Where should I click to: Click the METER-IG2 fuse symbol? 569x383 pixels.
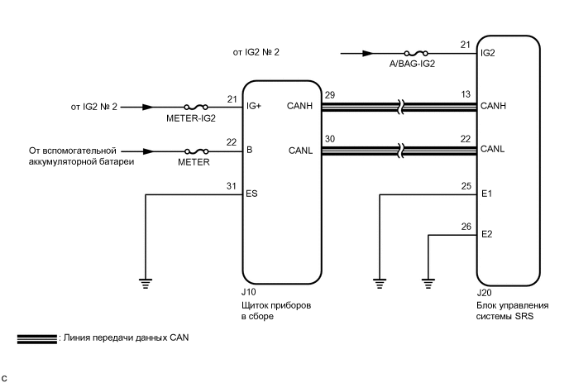tap(196, 107)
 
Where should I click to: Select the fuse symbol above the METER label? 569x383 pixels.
tap(196, 151)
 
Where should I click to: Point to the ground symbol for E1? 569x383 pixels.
tap(380, 281)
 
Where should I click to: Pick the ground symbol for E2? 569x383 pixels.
tap(428, 281)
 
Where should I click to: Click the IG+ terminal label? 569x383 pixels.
tap(255, 107)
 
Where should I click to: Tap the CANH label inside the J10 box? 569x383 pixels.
tap(300, 107)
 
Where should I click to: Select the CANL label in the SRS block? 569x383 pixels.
tap(494, 150)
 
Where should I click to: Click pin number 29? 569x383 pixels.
tap(330, 96)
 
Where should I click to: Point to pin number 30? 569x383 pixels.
tap(330, 139)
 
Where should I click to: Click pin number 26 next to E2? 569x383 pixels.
tap(466, 226)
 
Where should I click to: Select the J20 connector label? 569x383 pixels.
tap(485, 293)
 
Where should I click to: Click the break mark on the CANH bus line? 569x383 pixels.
tap(400, 107)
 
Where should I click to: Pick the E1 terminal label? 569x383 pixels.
tap(487, 194)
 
